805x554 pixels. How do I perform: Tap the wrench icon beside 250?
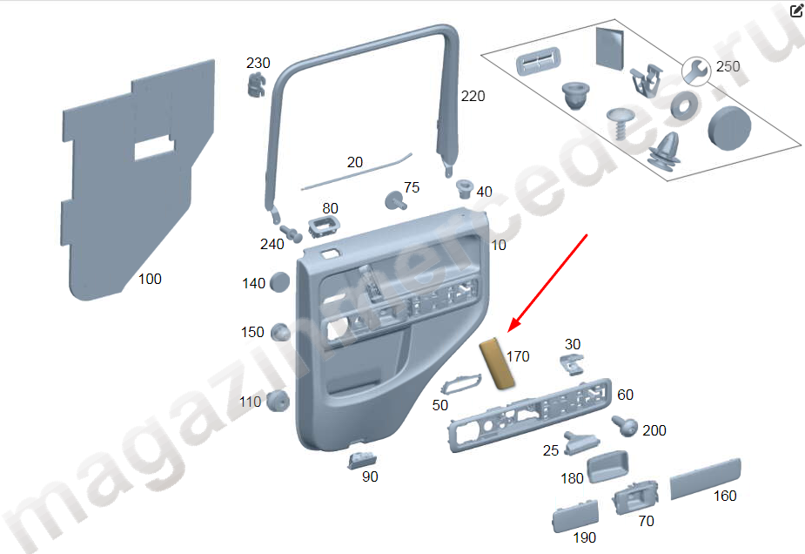tap(695, 69)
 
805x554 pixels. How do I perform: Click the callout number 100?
tap(150, 280)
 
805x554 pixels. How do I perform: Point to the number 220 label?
tap(473, 97)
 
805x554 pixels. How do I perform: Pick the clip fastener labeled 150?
tap(280, 333)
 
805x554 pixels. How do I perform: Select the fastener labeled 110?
tap(278, 401)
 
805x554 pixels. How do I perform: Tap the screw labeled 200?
tap(625, 426)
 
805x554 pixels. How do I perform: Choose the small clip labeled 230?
tap(254, 84)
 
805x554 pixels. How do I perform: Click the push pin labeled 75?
tap(396, 202)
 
